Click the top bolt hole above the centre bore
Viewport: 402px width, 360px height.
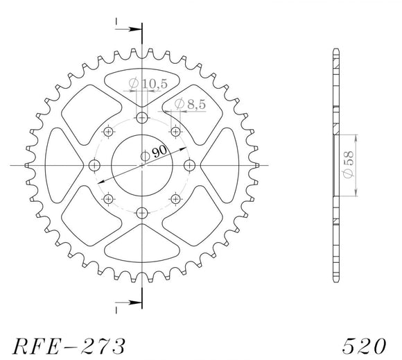[x=141, y=117]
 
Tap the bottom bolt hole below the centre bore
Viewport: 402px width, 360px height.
[x=141, y=213]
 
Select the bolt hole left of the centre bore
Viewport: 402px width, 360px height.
[x=94, y=165]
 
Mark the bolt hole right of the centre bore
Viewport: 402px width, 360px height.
[x=189, y=165]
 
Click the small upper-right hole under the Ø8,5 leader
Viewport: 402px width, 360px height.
[x=175, y=131]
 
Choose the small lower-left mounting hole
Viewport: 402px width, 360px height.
[x=108, y=200]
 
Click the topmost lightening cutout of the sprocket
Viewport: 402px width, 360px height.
[x=141, y=87]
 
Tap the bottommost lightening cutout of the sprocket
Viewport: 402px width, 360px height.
[x=141, y=244]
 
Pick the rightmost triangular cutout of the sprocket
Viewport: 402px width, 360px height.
[x=221, y=165]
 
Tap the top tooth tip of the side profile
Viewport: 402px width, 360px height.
[x=335, y=51]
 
